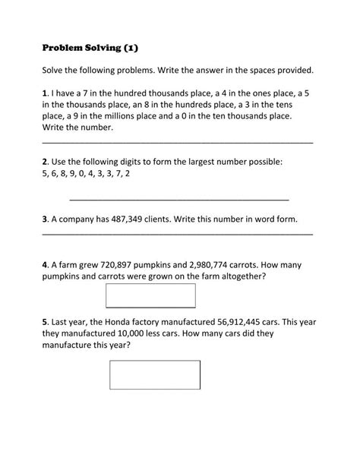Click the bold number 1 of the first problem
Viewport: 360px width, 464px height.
point(45,92)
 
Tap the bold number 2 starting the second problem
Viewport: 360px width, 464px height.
point(45,161)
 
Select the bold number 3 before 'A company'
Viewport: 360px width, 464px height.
point(45,219)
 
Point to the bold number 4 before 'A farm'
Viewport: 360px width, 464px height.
point(45,264)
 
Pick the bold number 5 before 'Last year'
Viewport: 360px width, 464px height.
point(45,321)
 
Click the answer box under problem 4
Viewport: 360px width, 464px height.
point(150,295)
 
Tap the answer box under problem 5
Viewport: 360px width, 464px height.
point(155,374)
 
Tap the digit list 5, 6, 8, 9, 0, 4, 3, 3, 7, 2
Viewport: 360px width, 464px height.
point(87,173)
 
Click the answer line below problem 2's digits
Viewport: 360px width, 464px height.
point(179,199)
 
